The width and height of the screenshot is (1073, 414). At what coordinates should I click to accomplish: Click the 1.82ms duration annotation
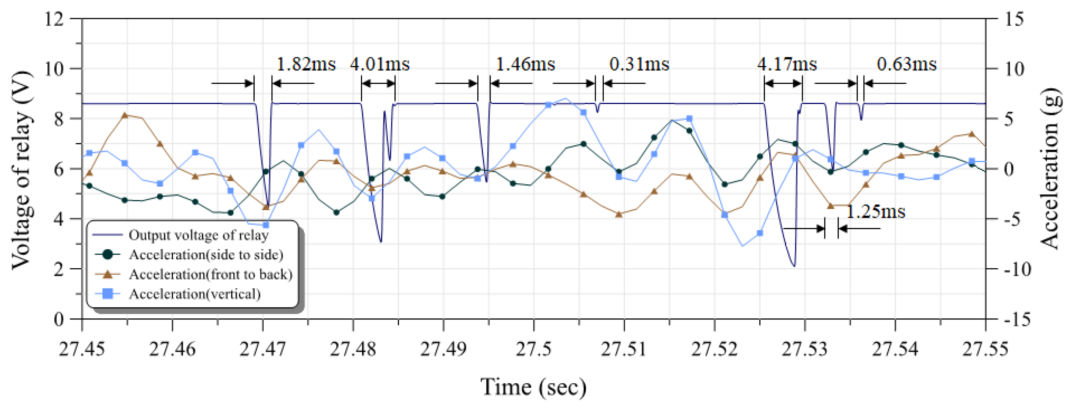point(306,65)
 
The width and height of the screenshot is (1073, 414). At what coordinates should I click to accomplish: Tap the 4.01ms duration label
point(380,65)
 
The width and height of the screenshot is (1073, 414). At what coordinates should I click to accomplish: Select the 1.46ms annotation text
point(525,65)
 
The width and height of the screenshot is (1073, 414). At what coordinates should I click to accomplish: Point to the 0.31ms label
point(639,65)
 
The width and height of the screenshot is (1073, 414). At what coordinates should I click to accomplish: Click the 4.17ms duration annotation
point(787,65)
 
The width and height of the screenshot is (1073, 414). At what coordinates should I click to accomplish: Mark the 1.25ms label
point(875,212)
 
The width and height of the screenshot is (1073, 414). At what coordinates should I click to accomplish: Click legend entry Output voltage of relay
point(198,235)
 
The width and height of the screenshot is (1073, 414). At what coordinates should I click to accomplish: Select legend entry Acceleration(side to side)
point(206,255)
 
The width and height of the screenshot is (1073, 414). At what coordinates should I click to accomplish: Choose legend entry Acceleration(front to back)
point(210,275)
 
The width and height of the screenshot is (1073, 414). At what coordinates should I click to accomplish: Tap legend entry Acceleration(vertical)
point(195,294)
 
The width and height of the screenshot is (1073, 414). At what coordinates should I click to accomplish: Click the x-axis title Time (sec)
point(533,387)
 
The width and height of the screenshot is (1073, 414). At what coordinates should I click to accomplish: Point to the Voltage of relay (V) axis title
point(22,170)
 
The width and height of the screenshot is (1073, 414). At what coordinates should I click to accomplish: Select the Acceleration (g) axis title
point(1050,168)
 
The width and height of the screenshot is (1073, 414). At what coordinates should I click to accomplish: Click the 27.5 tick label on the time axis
point(533,349)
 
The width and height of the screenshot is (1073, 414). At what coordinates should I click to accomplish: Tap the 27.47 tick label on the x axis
point(263,349)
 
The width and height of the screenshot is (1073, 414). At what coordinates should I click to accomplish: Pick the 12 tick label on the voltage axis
point(54,19)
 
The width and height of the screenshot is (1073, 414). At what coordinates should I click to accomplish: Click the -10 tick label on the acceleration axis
point(1017,269)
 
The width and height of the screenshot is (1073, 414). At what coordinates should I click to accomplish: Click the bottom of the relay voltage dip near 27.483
point(381,242)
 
